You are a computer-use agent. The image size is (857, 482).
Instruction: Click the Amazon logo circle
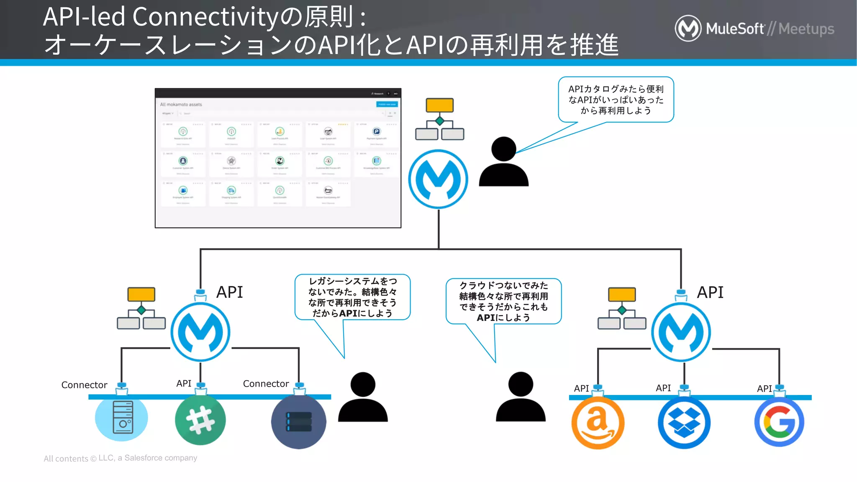(x=598, y=423)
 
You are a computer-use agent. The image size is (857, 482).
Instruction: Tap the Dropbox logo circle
(x=684, y=423)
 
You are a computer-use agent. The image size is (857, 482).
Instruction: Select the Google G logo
(x=779, y=422)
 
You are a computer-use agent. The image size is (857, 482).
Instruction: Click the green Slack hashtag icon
(x=200, y=420)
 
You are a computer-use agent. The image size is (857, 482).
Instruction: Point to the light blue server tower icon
(x=121, y=418)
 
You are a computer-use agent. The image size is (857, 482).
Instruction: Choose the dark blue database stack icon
(x=298, y=421)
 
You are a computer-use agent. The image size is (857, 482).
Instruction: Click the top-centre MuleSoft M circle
(x=438, y=179)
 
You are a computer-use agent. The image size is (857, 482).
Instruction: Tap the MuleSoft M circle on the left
(x=200, y=332)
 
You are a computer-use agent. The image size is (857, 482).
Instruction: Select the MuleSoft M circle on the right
(x=681, y=332)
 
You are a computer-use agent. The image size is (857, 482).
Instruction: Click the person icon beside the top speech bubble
(x=503, y=162)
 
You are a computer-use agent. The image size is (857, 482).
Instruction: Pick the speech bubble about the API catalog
(x=616, y=100)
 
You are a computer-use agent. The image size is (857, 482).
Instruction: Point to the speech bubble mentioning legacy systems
(x=352, y=297)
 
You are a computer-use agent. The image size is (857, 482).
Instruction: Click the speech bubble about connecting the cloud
(x=503, y=301)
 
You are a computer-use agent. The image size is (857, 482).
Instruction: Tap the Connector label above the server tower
(x=84, y=385)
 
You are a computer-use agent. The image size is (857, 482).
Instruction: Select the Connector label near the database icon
(x=266, y=384)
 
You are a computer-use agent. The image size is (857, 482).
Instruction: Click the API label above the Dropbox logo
(x=663, y=388)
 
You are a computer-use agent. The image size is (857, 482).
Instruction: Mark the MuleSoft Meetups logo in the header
(x=754, y=28)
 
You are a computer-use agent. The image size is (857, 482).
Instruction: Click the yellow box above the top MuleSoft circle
(x=439, y=105)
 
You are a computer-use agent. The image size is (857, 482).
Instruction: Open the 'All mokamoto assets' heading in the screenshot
(x=181, y=105)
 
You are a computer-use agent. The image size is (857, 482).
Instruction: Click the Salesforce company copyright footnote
(x=121, y=458)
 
